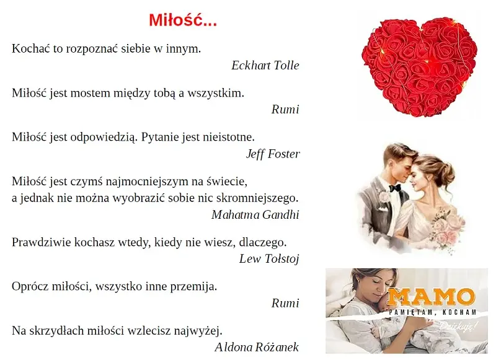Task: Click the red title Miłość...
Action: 183,20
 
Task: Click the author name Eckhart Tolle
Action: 265,66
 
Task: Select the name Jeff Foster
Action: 273,154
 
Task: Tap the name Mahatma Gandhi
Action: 255,215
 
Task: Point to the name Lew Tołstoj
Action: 269,259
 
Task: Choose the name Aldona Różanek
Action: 257,347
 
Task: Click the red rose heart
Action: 420,65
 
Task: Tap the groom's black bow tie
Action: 395,188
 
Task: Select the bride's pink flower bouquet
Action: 447,226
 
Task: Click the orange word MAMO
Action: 431,296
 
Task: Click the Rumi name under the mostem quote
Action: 285,110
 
